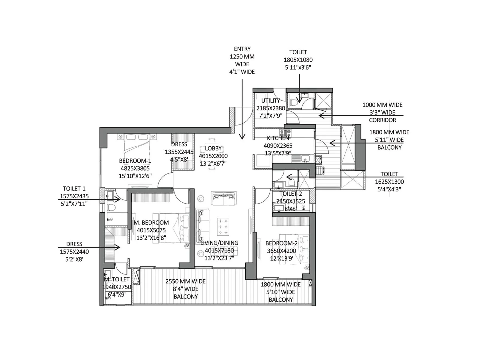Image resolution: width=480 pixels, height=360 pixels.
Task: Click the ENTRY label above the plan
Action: point(242,49)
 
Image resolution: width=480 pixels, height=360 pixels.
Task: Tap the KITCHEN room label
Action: point(278,138)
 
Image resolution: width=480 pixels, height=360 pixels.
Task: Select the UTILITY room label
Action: point(271,100)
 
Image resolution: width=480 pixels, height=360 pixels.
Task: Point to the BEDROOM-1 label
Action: point(135,161)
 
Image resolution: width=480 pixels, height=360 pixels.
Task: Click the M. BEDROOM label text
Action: point(151,223)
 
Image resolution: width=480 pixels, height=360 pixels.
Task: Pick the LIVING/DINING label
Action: point(219,243)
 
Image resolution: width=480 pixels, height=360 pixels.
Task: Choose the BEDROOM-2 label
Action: point(281,243)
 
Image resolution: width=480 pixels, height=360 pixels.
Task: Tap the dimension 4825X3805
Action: point(135,168)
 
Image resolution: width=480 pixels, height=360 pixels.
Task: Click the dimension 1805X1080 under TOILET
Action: point(298,60)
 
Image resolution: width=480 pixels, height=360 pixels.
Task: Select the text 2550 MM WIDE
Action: point(185,281)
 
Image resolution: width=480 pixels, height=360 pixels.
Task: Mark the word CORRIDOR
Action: point(382,120)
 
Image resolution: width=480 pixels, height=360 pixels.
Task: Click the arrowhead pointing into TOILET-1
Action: point(118,199)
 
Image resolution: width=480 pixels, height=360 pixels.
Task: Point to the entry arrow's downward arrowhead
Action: point(242,137)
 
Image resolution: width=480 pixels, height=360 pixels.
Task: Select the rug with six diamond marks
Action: point(223,227)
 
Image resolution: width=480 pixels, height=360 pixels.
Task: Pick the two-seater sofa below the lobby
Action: point(224,198)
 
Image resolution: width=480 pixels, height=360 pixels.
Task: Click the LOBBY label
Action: point(213,148)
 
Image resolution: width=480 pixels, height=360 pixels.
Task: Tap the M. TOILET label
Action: point(117,279)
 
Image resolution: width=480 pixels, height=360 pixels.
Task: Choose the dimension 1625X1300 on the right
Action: point(389,181)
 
